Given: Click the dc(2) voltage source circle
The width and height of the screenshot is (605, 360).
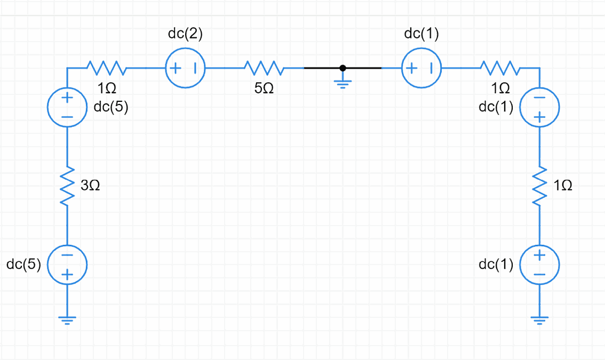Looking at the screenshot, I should [185, 68].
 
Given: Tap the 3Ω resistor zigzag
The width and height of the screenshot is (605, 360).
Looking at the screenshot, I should [67, 186].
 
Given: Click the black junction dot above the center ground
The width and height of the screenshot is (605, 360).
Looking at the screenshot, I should [343, 68].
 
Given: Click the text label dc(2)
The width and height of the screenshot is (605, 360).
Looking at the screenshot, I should [185, 34].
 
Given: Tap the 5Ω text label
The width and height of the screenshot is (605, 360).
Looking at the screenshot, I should [265, 89].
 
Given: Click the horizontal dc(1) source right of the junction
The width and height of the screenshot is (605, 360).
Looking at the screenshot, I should [421, 68].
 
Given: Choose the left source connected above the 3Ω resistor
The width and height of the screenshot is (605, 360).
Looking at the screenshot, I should [67, 107].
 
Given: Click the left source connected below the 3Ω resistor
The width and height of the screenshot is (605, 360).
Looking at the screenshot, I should [67, 265].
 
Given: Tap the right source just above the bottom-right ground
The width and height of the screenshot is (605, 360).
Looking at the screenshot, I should [539, 265].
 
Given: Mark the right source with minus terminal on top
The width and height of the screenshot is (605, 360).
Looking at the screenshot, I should [539, 107].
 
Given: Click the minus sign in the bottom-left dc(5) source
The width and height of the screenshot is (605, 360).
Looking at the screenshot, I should [67, 255].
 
